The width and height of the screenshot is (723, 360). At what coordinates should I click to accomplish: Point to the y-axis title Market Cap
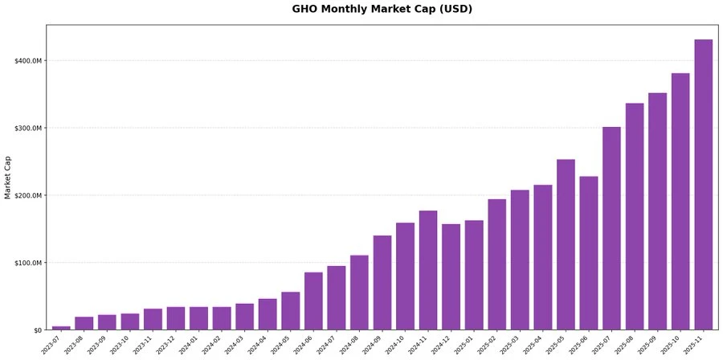pos(8,178)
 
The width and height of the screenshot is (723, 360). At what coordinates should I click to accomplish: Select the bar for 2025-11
pos(703,185)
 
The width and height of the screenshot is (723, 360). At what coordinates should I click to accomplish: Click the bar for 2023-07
pos(61,328)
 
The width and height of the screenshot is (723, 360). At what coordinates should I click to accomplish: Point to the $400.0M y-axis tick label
pos(27,60)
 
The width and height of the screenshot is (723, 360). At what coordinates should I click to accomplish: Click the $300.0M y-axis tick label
pos(27,128)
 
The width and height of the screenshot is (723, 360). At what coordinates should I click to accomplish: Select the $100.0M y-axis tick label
pos(27,263)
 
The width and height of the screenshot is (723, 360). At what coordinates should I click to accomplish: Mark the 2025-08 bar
pos(635,216)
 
